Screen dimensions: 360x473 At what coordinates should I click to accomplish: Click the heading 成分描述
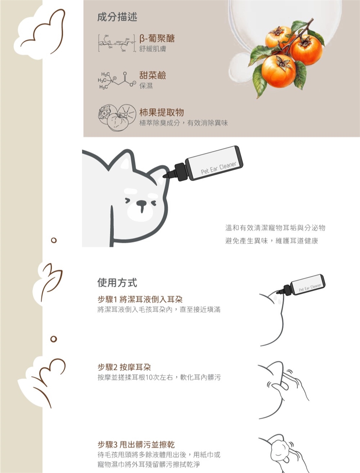coord(117,17)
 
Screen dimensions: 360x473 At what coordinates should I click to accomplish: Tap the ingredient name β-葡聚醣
coord(157,38)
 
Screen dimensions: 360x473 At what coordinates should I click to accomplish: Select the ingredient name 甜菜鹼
coord(153,75)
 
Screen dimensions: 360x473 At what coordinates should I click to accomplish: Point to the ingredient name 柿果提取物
coord(162,112)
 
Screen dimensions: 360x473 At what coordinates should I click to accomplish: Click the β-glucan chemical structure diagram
coord(117,43)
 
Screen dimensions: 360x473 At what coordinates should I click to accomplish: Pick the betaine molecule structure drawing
coord(117,80)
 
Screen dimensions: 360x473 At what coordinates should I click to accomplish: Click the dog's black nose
coord(141,203)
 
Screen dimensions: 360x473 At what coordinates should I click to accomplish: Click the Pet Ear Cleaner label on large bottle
coord(219,168)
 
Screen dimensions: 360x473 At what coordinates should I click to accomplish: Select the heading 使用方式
coord(117,283)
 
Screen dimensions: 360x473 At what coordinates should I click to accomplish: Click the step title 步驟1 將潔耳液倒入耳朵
coord(140,299)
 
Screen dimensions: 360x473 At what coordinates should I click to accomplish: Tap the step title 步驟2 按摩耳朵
coord(124,367)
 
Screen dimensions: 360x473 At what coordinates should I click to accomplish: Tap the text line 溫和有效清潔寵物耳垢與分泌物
coord(275,228)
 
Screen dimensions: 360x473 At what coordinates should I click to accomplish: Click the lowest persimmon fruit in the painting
coord(279,71)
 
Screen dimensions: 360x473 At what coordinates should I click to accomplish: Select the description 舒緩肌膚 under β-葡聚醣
coord(153,49)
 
